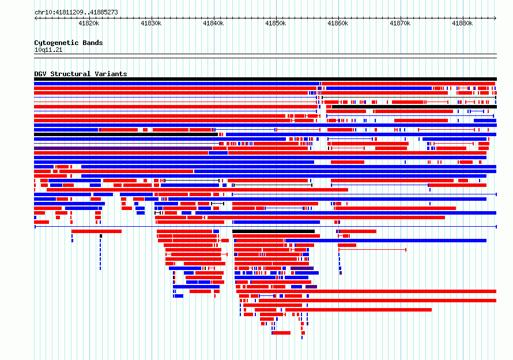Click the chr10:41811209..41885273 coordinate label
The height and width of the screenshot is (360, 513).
tap(76, 13)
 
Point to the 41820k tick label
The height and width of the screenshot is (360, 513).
tap(89, 23)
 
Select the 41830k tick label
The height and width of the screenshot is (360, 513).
tap(151, 23)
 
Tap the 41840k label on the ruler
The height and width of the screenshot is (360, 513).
tap(213, 23)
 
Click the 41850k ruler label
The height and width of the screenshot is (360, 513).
tap(276, 23)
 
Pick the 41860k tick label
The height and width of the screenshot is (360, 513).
tap(338, 23)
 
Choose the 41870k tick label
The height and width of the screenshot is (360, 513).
tap(400, 23)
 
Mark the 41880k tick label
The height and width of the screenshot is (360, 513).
tap(462, 23)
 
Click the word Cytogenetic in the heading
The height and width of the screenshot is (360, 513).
tap(56, 43)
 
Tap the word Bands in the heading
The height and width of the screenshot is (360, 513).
tap(93, 43)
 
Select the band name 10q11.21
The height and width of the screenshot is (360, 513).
tap(48, 50)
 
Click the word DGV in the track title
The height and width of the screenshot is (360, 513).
tap(40, 74)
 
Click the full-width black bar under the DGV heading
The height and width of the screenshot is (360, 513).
tap(265, 79)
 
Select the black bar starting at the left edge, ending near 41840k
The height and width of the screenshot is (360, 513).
tap(126, 134)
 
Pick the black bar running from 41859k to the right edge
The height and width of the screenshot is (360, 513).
tap(414, 107)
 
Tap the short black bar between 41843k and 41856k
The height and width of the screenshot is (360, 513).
tap(274, 231)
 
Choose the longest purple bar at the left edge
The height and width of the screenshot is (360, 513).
tap(123, 148)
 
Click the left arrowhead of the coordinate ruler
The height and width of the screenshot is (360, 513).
tap(36, 18)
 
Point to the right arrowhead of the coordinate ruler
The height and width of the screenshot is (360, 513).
tap(495, 18)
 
